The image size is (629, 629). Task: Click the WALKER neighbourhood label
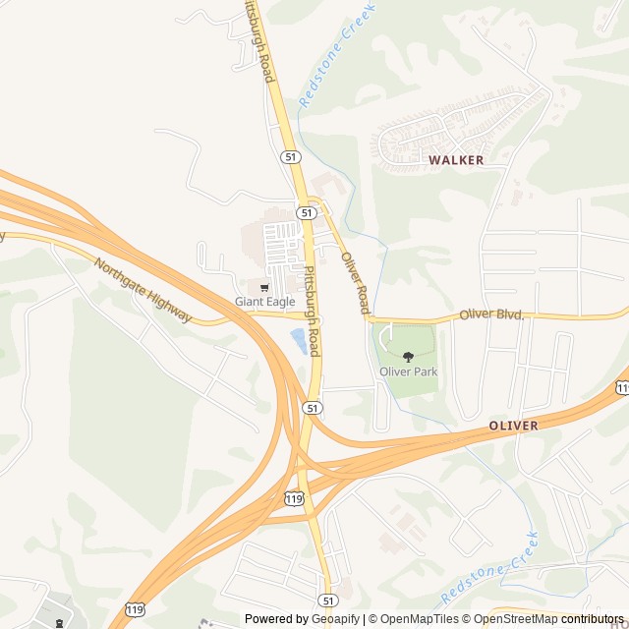click(x=456, y=159)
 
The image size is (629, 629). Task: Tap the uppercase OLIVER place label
click(x=513, y=426)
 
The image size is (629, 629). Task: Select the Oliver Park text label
click(x=409, y=372)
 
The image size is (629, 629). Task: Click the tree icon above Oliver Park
click(x=409, y=357)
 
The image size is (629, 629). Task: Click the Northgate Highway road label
click(x=143, y=291)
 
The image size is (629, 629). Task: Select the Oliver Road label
click(x=355, y=283)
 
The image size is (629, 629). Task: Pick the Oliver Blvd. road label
click(x=492, y=314)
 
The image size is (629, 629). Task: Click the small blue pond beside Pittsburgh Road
click(x=298, y=341)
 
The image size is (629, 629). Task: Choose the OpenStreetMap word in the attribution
click(x=515, y=619)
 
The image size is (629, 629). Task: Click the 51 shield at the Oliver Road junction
click(x=308, y=212)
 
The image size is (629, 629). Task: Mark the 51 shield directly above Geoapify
click(x=327, y=599)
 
